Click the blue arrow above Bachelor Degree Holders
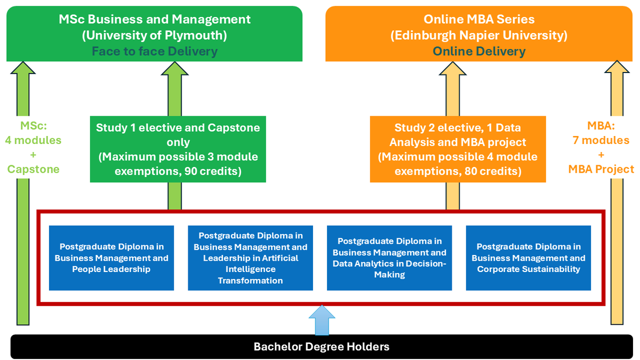322,320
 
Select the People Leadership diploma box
111,258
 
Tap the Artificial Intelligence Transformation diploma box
250,258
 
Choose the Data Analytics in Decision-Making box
389,258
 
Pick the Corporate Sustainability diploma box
529,258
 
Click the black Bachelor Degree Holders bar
321,347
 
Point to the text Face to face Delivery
155,51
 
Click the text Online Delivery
479,51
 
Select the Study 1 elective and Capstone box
178,149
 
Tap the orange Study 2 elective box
458,149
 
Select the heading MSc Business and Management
155,20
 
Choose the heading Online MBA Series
479,20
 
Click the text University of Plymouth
155,36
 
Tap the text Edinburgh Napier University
479,36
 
